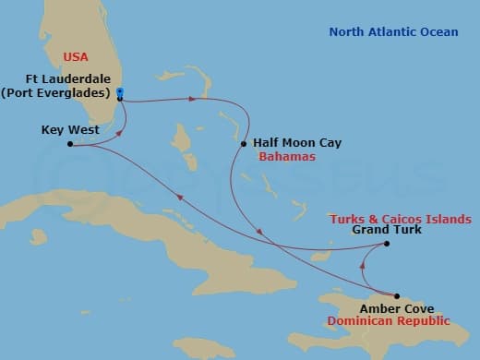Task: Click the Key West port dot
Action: [x=71, y=144]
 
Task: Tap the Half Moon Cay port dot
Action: [x=243, y=144]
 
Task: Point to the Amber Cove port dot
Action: [x=397, y=296]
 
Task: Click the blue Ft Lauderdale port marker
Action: [x=120, y=92]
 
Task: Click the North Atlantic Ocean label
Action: [x=393, y=32]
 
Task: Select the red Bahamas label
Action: [x=287, y=157]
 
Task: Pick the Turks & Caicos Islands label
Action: [x=402, y=219]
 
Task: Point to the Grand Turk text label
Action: [x=387, y=230]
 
